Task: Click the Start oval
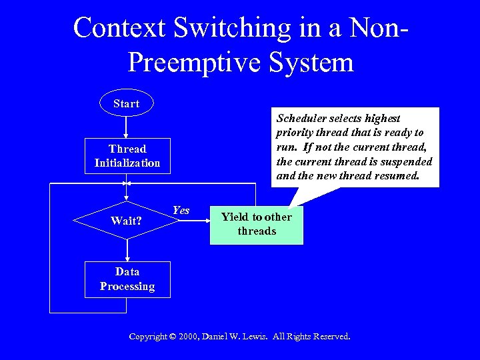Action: (126, 103)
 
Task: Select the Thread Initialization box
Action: (127, 156)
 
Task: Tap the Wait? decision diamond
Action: (127, 221)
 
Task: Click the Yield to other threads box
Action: (257, 224)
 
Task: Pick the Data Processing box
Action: (127, 279)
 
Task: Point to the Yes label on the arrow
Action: (181, 211)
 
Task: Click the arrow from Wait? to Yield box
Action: (193, 225)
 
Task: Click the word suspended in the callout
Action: (406, 162)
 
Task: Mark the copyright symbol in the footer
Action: (173, 337)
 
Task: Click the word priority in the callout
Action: (296, 133)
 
